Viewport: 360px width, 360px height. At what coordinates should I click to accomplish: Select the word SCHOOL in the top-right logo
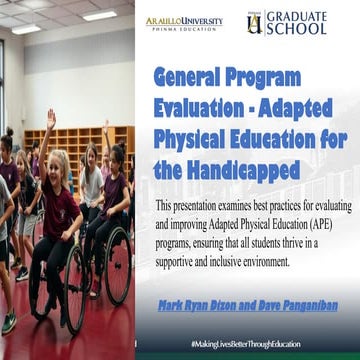[296, 29]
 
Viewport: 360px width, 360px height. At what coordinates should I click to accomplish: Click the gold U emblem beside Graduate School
[254, 22]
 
